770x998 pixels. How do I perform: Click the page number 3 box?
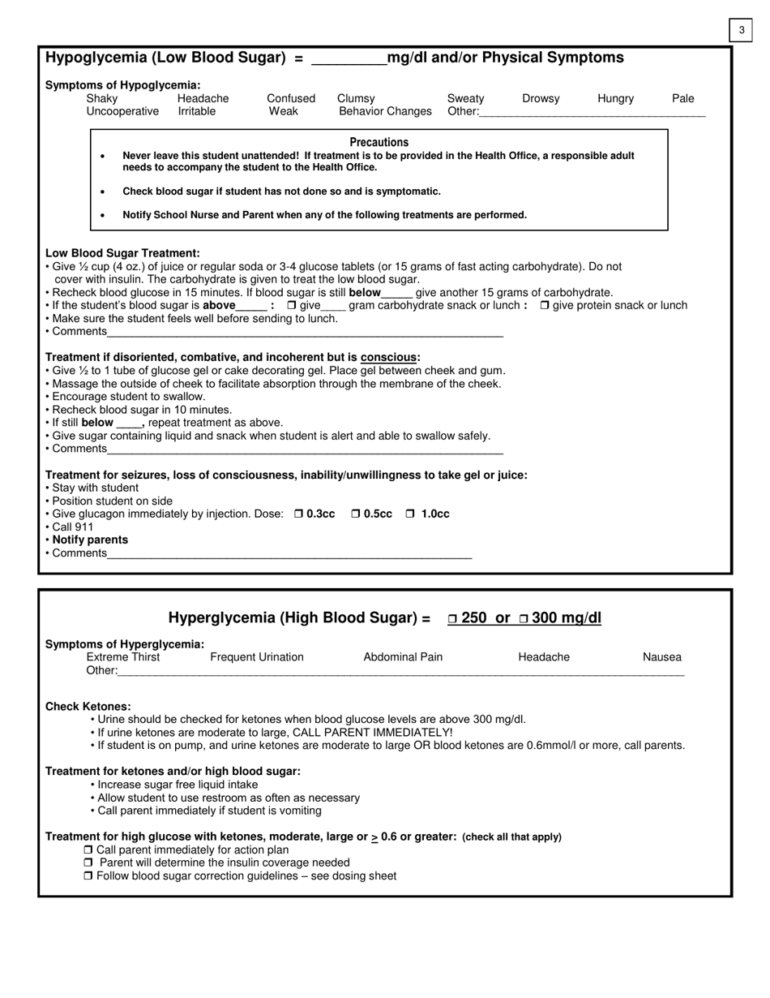tap(741, 30)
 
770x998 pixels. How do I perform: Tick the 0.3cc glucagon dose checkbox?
tap(298, 514)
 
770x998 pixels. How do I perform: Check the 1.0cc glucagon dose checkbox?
tap(410, 514)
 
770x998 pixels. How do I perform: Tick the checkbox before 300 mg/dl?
tap(524, 619)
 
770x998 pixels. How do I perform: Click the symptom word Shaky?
tap(102, 98)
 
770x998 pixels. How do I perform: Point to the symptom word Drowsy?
tap(541, 98)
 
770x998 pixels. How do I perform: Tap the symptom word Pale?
tap(682, 98)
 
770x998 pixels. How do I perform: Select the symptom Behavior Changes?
tap(385, 111)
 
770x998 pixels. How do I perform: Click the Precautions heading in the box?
tap(379, 142)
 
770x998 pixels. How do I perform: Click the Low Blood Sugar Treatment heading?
tap(122, 253)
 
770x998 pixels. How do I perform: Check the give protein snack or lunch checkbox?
tap(545, 306)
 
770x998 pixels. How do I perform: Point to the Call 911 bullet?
tap(73, 527)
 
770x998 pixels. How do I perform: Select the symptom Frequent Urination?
tap(257, 657)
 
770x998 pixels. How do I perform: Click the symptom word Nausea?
tap(662, 657)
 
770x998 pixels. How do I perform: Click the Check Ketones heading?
tap(88, 707)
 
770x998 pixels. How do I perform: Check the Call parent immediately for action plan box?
tap(88, 850)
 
